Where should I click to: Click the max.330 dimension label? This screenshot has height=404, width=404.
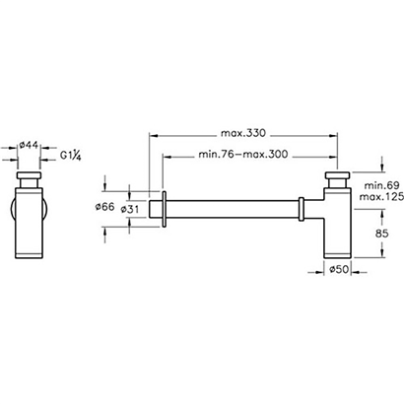(242, 133)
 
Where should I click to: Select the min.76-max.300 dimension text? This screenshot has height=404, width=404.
(243, 154)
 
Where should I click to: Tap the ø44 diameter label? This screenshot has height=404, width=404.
(29, 145)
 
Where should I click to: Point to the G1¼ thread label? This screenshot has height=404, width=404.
(71, 155)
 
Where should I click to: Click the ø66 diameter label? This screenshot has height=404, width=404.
(104, 207)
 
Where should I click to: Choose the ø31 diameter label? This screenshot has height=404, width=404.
(130, 209)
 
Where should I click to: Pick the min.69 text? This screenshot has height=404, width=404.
(381, 185)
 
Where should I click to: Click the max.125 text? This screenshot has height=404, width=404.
(381, 197)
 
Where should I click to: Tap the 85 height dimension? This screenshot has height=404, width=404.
(382, 234)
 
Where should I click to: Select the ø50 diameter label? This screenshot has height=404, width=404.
(339, 270)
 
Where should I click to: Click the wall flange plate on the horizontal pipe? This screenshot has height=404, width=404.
(165, 208)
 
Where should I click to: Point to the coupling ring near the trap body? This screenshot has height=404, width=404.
(302, 209)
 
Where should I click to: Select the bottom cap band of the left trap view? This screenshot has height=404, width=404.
(29, 256)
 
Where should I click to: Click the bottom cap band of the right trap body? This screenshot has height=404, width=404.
(338, 255)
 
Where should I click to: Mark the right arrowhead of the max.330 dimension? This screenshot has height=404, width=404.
(333, 135)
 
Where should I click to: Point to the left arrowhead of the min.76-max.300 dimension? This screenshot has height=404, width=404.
(168, 157)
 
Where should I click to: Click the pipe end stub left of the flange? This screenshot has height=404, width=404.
(156, 209)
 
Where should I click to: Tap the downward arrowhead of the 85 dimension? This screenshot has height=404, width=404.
(382, 252)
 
